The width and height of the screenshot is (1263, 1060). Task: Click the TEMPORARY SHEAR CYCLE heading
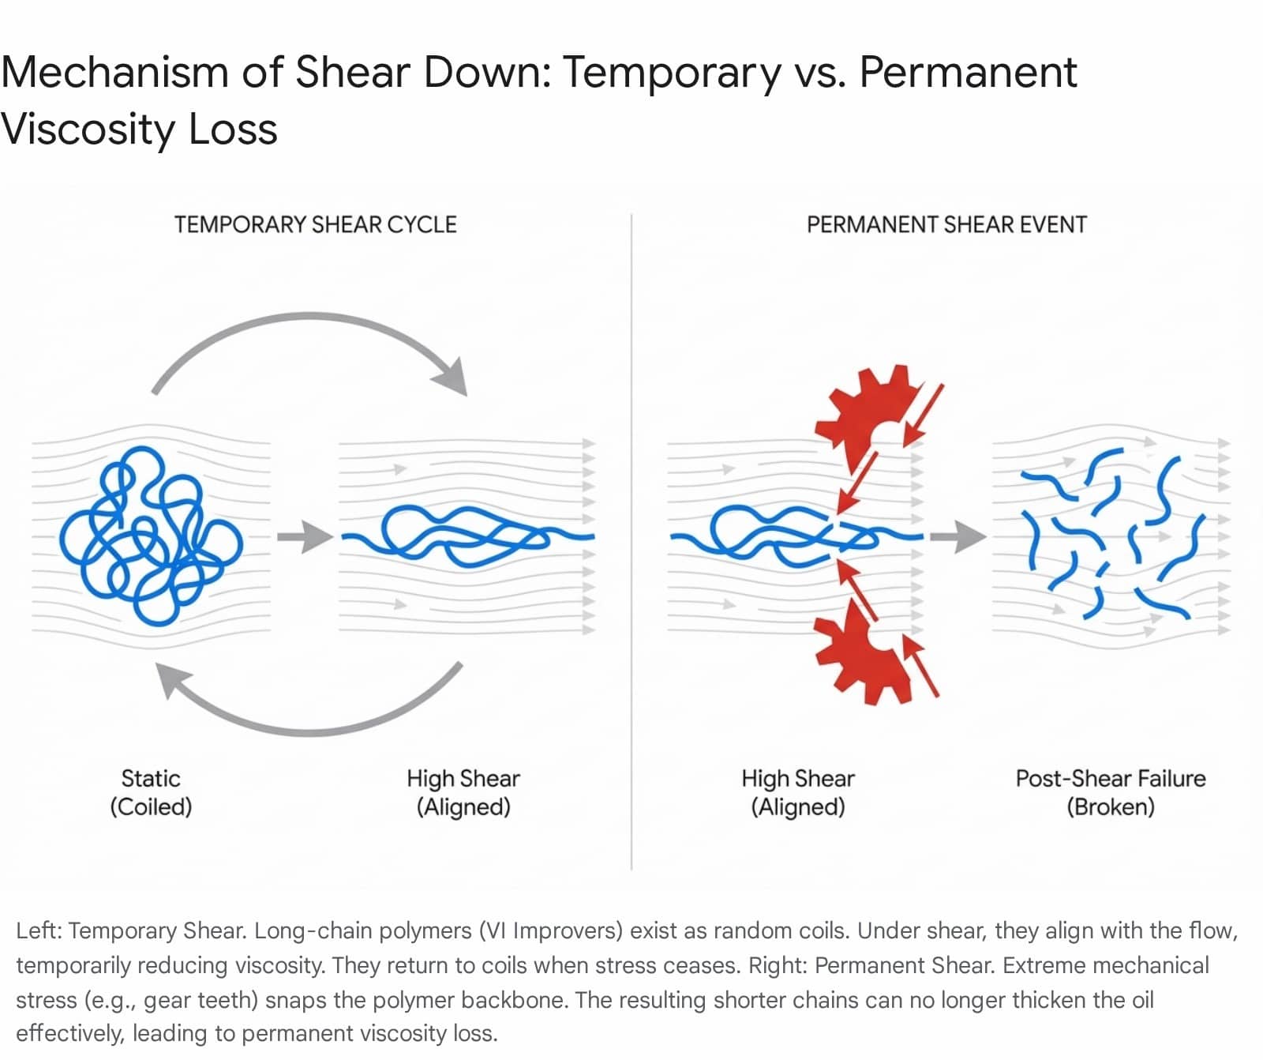click(315, 225)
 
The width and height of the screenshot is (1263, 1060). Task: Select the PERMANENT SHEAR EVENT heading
click(946, 225)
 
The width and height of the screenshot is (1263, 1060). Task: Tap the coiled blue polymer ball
click(150, 536)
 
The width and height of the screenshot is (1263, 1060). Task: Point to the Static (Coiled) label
click(151, 792)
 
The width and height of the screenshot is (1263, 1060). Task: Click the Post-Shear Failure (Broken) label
click(1110, 792)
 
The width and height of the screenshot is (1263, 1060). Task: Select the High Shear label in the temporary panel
click(463, 792)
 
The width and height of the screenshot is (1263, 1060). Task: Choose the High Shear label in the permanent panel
click(797, 792)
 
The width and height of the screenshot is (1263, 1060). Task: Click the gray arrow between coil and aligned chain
click(304, 537)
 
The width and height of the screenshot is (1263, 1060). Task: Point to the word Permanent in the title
click(968, 73)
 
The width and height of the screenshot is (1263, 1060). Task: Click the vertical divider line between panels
click(631, 553)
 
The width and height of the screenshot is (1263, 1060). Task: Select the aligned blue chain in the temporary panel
click(466, 536)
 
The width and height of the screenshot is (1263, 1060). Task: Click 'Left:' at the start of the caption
click(38, 930)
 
